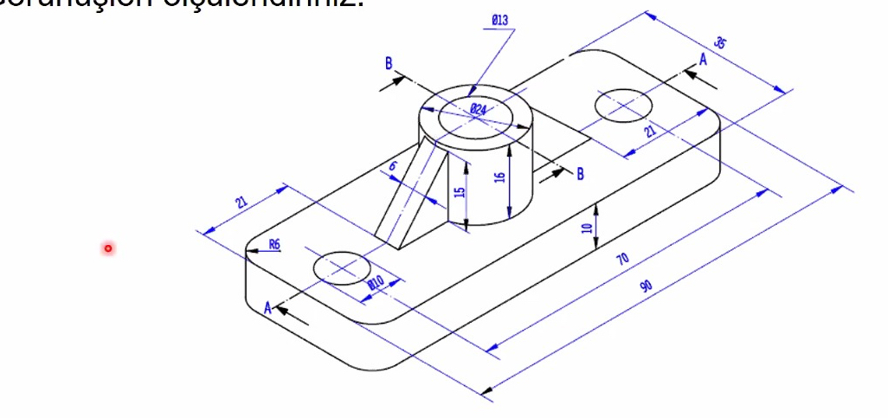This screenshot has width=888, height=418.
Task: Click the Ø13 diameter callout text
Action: [x=499, y=20]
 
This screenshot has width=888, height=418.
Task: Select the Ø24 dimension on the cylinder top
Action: [x=478, y=109]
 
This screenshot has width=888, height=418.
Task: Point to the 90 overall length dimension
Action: [x=645, y=286]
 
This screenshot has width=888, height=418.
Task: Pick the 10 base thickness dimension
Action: [x=587, y=228]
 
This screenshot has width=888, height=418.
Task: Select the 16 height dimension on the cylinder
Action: [x=499, y=177]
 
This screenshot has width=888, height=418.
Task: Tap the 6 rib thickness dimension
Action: [x=392, y=164]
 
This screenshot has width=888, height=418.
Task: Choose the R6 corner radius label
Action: [x=273, y=245]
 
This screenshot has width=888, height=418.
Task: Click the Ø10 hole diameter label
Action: [x=376, y=282]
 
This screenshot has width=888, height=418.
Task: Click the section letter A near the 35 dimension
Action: [x=703, y=59]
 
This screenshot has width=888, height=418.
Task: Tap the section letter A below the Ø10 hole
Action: [x=268, y=308]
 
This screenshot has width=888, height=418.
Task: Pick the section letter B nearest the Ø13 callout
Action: [x=389, y=63]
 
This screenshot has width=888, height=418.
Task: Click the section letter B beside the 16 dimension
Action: [x=580, y=174]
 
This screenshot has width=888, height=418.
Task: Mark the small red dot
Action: [x=108, y=248]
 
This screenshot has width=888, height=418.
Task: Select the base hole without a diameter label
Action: [x=624, y=104]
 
